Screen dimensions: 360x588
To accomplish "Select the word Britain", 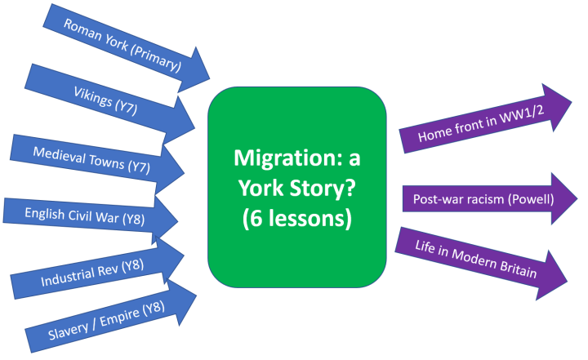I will tap(517, 271).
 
